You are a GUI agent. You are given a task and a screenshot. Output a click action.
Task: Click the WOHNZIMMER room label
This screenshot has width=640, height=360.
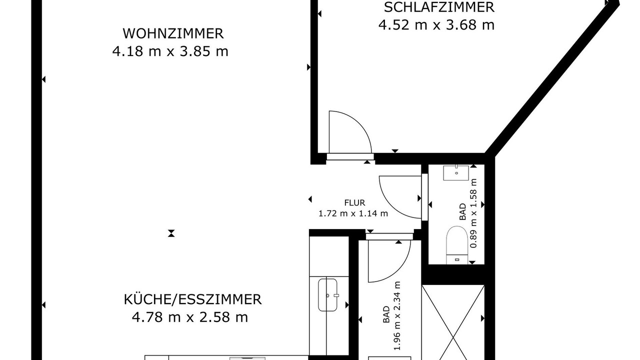point(173,33)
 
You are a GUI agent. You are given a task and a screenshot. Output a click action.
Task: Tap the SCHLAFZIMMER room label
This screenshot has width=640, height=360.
point(439,7)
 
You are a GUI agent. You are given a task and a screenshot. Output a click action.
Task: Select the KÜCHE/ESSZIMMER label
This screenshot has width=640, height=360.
point(193,299)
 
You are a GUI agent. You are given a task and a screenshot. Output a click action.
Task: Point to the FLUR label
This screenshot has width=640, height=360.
point(354,203)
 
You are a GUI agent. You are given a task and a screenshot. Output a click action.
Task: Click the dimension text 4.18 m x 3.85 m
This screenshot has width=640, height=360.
point(170,51)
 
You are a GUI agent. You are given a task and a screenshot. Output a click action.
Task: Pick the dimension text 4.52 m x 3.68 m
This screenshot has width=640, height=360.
point(436,25)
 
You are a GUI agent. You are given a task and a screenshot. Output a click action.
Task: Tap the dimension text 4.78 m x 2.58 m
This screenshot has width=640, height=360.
point(190,317)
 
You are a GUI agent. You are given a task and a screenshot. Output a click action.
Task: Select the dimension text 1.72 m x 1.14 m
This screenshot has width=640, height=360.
point(353,213)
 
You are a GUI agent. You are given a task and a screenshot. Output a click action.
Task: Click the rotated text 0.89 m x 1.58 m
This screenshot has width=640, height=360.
point(473,213)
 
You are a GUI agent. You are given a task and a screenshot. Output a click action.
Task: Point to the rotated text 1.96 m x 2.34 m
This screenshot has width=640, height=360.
point(397,315)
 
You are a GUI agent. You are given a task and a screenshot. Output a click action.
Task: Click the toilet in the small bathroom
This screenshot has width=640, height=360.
point(457,245)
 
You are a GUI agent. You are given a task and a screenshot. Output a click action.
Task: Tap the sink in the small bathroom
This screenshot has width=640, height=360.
point(456,172)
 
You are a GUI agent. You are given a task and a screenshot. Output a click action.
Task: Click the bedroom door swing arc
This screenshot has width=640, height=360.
point(359,123)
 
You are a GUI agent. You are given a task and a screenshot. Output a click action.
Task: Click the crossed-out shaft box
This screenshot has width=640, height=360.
point(453,322)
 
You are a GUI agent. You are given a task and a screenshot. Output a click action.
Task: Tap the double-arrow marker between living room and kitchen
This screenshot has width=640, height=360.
point(171,233)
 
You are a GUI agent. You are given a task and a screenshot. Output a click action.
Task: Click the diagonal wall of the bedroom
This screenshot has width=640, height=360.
point(551,79)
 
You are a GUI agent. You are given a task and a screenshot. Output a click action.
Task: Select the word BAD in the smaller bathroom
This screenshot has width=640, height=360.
point(462,211)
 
